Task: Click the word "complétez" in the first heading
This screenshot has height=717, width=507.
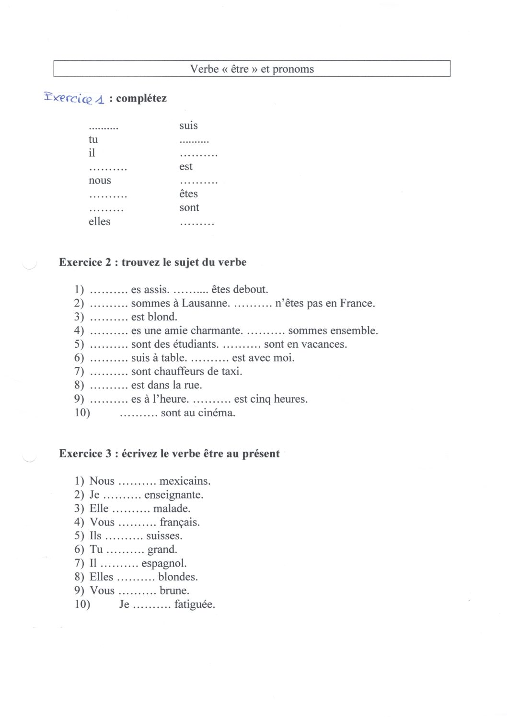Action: point(141,99)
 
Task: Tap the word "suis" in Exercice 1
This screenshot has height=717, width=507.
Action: point(188,125)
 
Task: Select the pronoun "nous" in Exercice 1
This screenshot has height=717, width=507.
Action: point(100,181)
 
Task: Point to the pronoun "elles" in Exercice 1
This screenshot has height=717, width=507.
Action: point(99,222)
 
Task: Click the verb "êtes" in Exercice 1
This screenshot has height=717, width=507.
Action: point(188,194)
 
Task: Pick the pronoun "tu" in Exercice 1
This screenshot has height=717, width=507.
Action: point(93,139)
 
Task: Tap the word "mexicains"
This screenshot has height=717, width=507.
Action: point(185,481)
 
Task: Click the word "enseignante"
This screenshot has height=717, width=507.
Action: point(173,495)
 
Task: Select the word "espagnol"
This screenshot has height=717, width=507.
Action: point(164,563)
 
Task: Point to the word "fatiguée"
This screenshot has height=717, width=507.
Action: point(195,604)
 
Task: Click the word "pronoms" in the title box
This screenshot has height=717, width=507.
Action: point(293,69)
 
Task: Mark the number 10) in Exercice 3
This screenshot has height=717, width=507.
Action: point(82,604)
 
